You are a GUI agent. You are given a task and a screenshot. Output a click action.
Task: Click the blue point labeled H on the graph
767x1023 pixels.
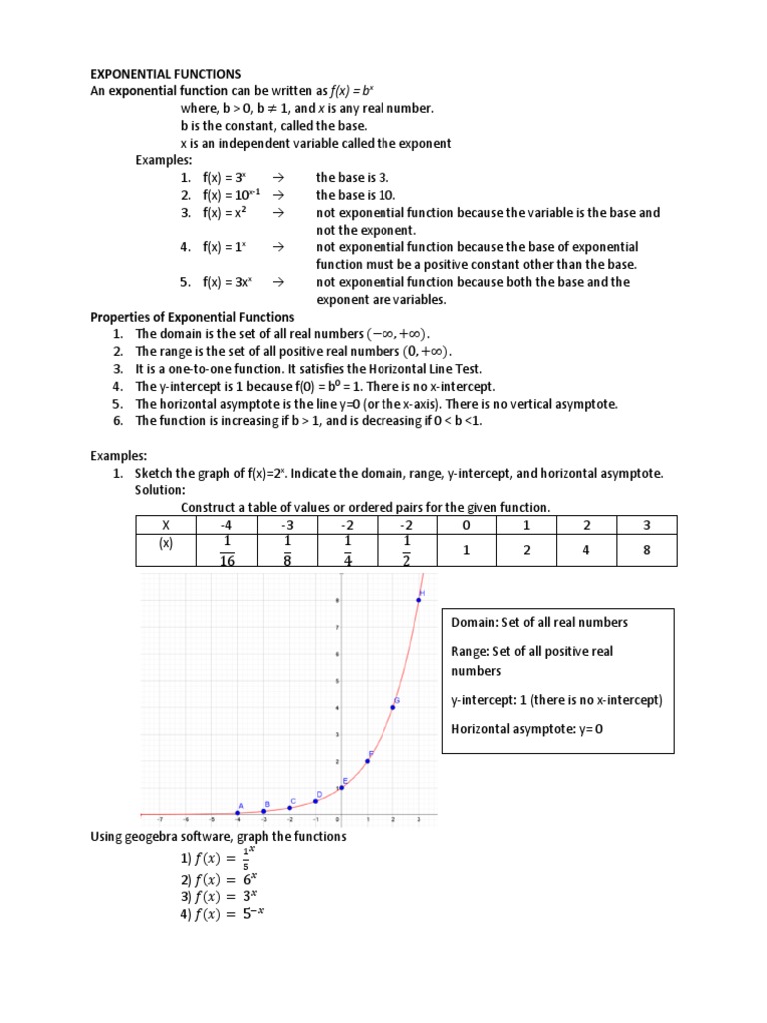click(418, 600)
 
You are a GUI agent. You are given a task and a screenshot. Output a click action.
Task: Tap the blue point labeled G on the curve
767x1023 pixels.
click(393, 708)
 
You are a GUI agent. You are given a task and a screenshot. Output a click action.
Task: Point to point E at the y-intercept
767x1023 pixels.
click(341, 788)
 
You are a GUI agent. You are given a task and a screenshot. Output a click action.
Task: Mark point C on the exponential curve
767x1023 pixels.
click(290, 808)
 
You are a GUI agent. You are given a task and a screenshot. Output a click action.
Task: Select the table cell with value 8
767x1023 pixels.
click(646, 549)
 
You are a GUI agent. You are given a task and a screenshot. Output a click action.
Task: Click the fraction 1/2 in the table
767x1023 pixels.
click(406, 549)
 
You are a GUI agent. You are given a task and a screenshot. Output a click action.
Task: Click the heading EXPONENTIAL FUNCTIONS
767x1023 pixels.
click(166, 74)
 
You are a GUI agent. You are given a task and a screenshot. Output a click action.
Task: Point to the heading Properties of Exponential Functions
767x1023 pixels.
click(192, 317)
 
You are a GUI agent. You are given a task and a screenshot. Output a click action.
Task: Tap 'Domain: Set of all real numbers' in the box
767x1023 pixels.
click(539, 622)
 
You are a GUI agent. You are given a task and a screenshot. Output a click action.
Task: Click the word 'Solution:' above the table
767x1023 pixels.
click(160, 490)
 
